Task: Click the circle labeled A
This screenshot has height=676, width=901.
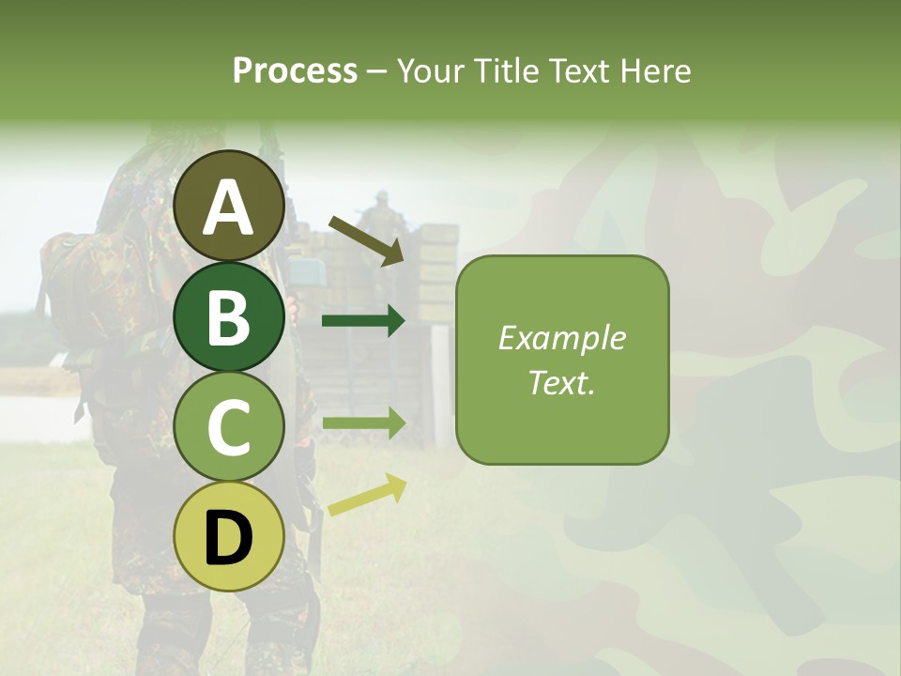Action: (x=229, y=207)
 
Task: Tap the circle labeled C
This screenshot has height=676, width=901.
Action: (x=229, y=427)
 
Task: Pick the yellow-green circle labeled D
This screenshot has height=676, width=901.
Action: (x=229, y=536)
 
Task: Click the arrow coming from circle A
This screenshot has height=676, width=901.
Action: (x=366, y=239)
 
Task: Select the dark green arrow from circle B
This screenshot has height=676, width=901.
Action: (x=363, y=321)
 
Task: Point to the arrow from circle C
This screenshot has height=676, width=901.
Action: (x=363, y=422)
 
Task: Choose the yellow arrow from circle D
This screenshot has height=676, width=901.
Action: (x=367, y=496)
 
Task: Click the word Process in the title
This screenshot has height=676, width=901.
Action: (x=295, y=71)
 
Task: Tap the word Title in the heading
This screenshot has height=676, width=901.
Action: (x=506, y=71)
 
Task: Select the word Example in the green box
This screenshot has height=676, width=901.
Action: (x=562, y=338)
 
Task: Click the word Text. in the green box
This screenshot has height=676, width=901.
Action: (x=562, y=382)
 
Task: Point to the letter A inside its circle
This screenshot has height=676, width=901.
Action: (x=229, y=207)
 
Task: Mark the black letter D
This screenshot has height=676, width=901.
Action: (x=229, y=538)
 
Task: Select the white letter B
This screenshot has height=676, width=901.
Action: (x=229, y=317)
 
